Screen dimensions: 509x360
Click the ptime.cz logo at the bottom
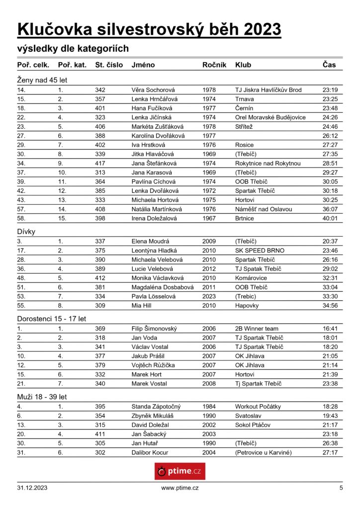point(180,471)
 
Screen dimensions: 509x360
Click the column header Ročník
point(214,65)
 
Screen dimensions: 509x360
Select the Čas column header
point(329,65)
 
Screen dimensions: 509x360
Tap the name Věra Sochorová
point(153,90)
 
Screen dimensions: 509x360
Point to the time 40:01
point(330,218)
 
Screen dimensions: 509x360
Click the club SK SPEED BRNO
point(260,251)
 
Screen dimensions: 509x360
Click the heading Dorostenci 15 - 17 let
point(51,318)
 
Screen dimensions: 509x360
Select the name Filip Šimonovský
point(154,329)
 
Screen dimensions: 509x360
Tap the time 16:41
point(330,329)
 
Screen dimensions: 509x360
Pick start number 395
point(100,407)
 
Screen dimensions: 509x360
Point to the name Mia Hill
point(144,305)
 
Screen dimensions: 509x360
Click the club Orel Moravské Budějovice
point(270,117)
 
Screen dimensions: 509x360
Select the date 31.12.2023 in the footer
point(33,488)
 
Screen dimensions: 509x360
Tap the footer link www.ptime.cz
point(180,488)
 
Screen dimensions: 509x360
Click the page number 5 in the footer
point(341,488)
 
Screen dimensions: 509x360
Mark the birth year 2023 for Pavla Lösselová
point(209,296)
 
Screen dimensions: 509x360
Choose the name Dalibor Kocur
point(150,452)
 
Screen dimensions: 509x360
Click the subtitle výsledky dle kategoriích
point(73,48)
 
